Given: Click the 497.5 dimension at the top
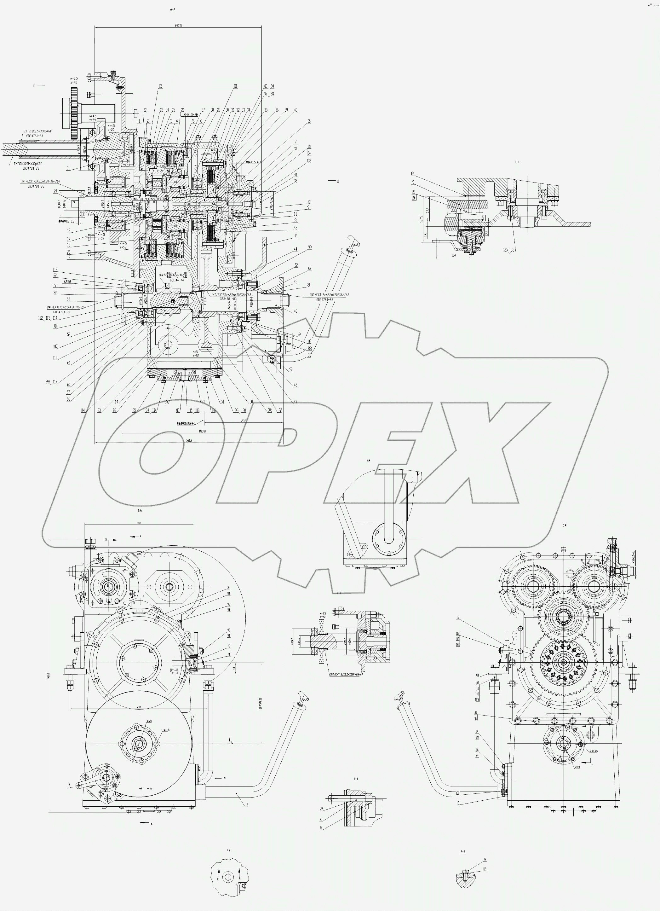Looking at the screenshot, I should click(178, 25).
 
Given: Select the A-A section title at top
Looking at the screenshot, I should click(173, 9).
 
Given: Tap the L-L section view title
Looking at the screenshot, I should click(517, 162).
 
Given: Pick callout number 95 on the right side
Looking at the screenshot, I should click(309, 121).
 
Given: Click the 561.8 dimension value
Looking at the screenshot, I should click(189, 441).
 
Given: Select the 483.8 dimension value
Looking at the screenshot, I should click(202, 432).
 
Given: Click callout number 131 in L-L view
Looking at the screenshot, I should click(413, 174).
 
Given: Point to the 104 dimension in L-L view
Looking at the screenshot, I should click(453, 255).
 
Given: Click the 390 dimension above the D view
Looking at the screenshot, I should click(139, 523).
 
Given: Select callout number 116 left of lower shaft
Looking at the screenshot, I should click(55, 270).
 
